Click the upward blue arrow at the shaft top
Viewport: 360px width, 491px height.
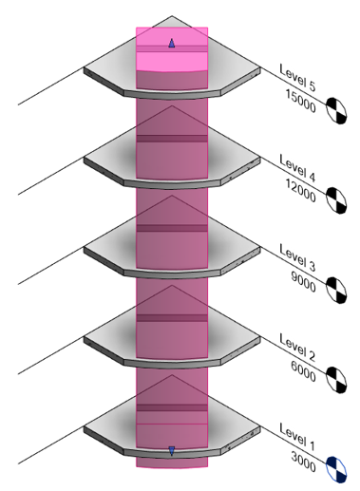coord(171,42)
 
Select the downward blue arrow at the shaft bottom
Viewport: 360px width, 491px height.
coord(171,451)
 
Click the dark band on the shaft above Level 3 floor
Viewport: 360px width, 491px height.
coord(171,228)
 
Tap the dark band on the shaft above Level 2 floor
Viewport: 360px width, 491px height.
coord(171,317)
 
